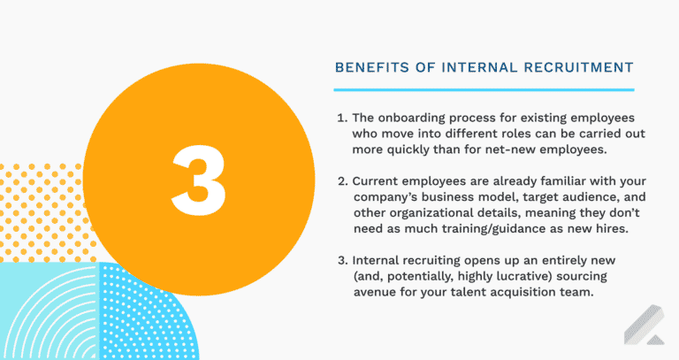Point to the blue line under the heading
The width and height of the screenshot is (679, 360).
pos(484,89)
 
